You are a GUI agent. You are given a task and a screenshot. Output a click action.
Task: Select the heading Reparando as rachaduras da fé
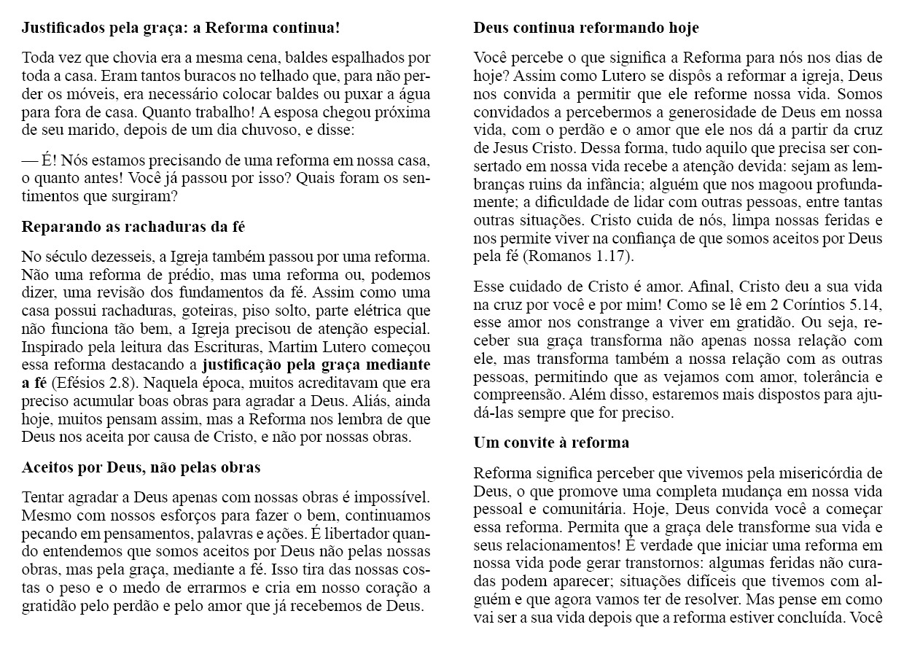click(133, 227)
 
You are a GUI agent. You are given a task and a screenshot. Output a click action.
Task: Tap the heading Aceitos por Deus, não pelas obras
click(141, 467)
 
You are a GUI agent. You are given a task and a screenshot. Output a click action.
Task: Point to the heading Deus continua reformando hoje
click(586, 28)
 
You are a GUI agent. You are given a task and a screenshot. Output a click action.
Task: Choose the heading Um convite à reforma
click(551, 443)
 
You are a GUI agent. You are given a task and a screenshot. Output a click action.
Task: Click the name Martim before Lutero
click(293, 347)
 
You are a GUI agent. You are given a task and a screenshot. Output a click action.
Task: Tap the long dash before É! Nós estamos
click(31, 160)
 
